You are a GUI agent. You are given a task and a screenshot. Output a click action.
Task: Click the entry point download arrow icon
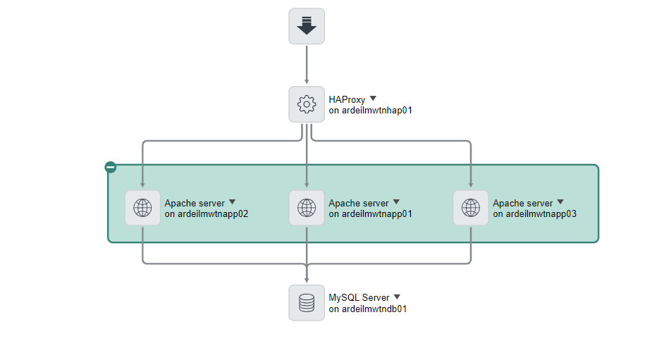[307, 26]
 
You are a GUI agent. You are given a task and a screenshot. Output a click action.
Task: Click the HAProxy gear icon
[307, 105]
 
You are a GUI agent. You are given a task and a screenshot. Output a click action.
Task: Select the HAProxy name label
[347, 100]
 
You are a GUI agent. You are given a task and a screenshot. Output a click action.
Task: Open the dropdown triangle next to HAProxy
[374, 99]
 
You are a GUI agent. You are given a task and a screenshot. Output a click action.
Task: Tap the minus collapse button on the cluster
[110, 167]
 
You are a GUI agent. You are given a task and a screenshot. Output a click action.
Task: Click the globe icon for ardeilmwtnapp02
[142, 208]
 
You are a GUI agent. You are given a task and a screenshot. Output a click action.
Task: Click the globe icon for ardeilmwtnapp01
[307, 208]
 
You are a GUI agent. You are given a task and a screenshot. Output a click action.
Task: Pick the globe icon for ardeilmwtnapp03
[471, 208]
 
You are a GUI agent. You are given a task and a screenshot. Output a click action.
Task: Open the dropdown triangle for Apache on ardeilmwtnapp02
[232, 202]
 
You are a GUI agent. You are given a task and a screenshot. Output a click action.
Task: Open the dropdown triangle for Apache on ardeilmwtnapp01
[396, 202]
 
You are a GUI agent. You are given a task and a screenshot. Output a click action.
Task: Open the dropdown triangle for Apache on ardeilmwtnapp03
[560, 202]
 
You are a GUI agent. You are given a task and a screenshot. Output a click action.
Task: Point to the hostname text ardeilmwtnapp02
[213, 213]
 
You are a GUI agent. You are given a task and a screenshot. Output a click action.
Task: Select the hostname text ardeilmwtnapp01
[377, 213]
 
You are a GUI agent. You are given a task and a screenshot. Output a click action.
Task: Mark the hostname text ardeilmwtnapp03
[541, 213]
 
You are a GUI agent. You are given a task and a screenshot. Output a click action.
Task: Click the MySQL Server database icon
[307, 303]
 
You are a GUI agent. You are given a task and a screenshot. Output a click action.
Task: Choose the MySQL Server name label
[359, 298]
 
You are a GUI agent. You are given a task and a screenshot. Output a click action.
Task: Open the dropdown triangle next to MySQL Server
[397, 297]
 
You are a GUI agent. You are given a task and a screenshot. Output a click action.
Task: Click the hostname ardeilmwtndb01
[374, 309]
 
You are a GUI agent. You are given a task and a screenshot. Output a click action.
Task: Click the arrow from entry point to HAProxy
[307, 65]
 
